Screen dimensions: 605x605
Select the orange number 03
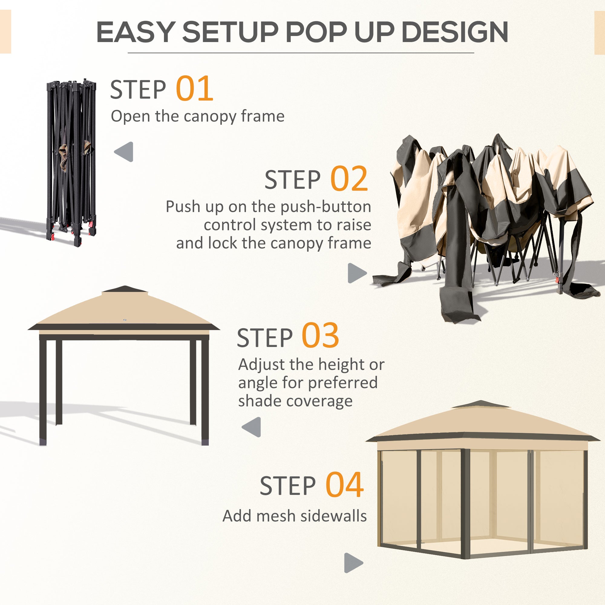320,336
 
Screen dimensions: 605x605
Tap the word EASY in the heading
135,32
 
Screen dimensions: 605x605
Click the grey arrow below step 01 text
124,152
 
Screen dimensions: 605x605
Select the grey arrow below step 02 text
357,273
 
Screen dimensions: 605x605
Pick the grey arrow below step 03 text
252,427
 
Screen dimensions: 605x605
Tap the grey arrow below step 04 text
353,563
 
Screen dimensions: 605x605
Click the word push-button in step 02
326,207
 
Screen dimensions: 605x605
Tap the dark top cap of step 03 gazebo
125,289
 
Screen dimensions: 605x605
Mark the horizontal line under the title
301,53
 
